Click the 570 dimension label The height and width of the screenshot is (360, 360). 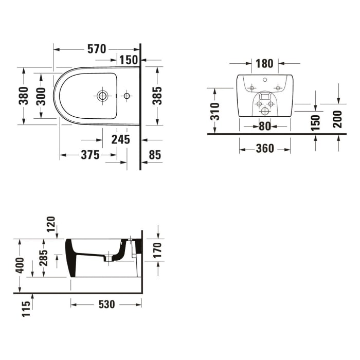pyautogui.click(x=96, y=49)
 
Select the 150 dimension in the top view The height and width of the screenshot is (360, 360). pyautogui.click(x=128, y=60)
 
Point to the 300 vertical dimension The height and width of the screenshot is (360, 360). pyautogui.click(x=41, y=96)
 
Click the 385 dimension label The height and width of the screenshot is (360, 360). pyautogui.click(x=157, y=96)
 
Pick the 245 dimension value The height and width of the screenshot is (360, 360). pyautogui.click(x=120, y=139)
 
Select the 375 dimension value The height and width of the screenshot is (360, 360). pyautogui.click(x=89, y=155)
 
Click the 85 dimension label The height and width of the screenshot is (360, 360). pyautogui.click(x=154, y=155)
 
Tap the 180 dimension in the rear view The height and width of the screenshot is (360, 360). pyautogui.click(x=264, y=64)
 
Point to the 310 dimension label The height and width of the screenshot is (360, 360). pyautogui.click(x=215, y=111)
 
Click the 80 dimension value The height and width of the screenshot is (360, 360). pyautogui.click(x=264, y=126)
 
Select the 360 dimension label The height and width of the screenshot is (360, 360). pyautogui.click(x=265, y=149)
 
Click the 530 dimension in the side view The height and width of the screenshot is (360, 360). pyautogui.click(x=106, y=304)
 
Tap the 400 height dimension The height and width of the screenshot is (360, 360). pyautogui.click(x=20, y=265)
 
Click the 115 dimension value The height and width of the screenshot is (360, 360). pyautogui.click(x=26, y=309)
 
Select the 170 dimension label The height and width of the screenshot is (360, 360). pyautogui.click(x=158, y=250)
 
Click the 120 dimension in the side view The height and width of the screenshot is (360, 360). pyautogui.click(x=51, y=224)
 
